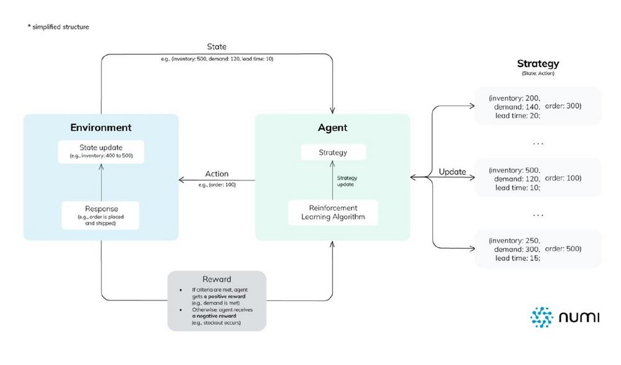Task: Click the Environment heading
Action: click(101, 128)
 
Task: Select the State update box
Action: click(101, 151)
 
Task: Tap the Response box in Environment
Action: click(101, 214)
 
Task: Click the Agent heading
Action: click(332, 128)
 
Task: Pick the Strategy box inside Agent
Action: click(333, 152)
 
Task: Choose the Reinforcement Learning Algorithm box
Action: click(333, 212)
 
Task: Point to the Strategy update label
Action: click(347, 181)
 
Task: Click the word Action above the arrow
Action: click(217, 174)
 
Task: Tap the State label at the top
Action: click(217, 47)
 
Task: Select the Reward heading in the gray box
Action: click(217, 279)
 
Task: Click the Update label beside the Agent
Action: click(452, 171)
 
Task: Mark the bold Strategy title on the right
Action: click(538, 63)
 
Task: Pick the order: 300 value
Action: click(563, 106)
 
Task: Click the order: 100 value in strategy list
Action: click(563, 178)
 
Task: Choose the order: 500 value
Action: click(563, 249)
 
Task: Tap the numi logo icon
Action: click(541, 317)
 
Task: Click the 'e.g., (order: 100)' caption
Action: click(217, 184)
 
